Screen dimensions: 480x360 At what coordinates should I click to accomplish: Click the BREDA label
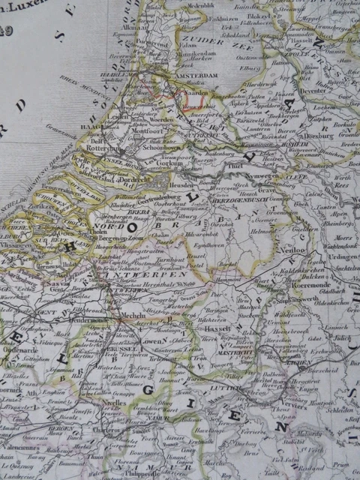click(122, 212)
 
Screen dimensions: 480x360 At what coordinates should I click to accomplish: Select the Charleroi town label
click(103, 431)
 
